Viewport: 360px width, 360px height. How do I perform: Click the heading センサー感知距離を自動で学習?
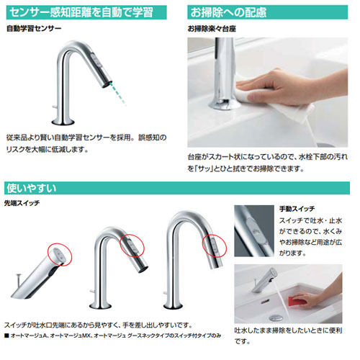pyautogui.click(x=81, y=12)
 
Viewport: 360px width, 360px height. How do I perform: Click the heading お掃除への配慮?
pyautogui.click(x=228, y=12)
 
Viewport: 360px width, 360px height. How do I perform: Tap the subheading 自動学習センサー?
pyautogui.click(x=34, y=29)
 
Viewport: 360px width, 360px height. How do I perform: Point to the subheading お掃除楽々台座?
pyautogui.click(x=212, y=29)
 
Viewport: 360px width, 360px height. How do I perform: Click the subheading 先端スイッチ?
pyautogui.click(x=22, y=203)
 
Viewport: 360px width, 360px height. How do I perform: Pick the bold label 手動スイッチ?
pyautogui.click(x=297, y=209)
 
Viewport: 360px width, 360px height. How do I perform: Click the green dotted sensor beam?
pyautogui.click(x=117, y=94)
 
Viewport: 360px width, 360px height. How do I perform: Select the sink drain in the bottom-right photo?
pyautogui.click(x=276, y=318)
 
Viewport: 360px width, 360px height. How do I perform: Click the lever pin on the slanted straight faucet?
pyautogui.click(x=19, y=279)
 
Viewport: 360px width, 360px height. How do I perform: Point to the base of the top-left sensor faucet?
pyautogui.click(x=63, y=122)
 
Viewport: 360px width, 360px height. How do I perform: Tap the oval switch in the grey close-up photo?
pyautogui.click(x=256, y=230)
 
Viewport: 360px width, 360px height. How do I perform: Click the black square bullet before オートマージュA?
pyautogui.click(x=6, y=336)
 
